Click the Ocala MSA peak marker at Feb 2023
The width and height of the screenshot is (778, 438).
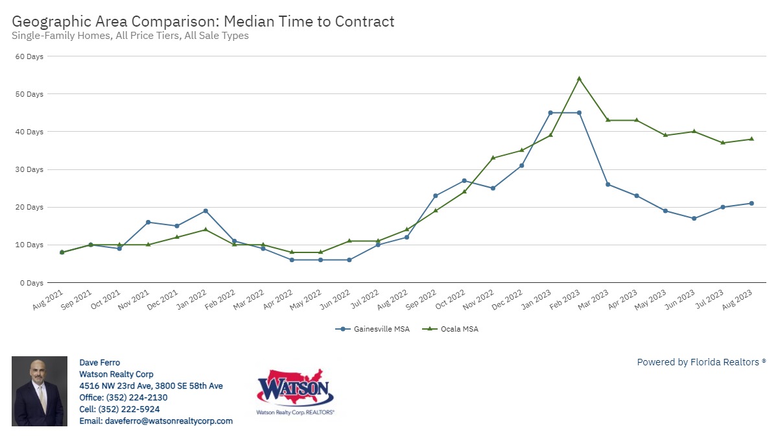tap(579, 79)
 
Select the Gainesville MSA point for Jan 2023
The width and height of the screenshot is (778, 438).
tap(550, 113)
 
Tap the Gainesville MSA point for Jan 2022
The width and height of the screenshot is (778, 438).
tap(206, 211)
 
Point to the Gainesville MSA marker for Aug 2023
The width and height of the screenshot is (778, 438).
tap(751, 203)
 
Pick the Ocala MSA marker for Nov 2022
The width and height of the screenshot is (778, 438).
tap(493, 158)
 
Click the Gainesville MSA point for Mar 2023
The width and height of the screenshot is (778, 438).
tap(607, 184)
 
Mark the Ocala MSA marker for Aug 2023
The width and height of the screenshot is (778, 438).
tap(751, 139)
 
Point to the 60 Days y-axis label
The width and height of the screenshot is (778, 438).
tap(30, 56)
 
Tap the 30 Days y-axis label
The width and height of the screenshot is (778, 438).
tap(30, 169)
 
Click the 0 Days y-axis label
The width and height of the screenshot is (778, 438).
tap(32, 283)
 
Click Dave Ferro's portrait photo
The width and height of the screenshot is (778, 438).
tap(39, 391)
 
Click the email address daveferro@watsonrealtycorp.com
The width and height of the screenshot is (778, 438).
tap(156, 421)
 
